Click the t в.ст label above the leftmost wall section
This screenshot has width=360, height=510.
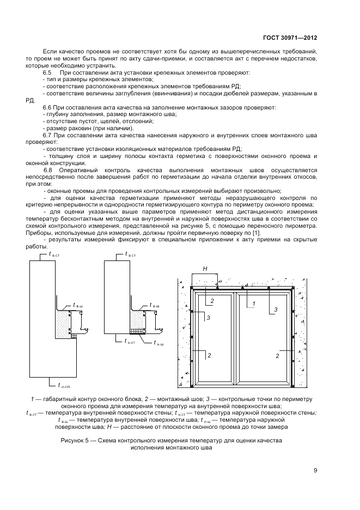(x=55, y=254)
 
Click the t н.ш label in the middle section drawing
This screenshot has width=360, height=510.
(x=158, y=343)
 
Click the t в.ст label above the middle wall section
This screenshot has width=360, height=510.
(x=131, y=254)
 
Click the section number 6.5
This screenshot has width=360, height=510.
(x=47, y=72)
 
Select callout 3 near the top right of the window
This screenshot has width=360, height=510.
(x=276, y=309)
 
